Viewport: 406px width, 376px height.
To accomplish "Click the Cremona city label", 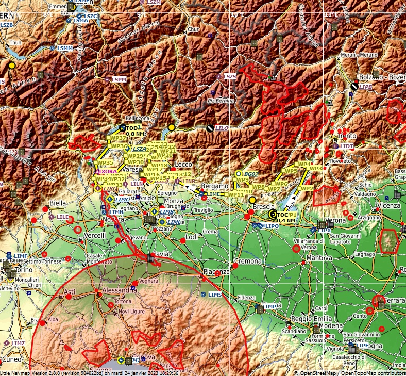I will (248, 261).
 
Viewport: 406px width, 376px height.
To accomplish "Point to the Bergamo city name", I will (214, 186).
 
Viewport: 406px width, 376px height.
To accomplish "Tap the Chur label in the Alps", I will (193, 29).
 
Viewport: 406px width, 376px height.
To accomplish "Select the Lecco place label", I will (183, 164).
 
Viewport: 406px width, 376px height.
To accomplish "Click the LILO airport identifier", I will (222, 127).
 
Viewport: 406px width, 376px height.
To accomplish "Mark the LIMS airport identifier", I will (215, 294).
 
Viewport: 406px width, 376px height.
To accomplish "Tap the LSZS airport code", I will (230, 76).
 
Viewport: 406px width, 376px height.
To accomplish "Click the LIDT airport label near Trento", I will (347, 146).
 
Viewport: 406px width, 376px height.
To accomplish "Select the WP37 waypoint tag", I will (119, 138).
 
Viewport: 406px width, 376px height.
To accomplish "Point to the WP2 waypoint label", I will (307, 188).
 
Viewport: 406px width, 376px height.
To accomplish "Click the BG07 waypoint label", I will (251, 174).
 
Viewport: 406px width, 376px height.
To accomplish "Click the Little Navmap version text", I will (90, 373).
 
